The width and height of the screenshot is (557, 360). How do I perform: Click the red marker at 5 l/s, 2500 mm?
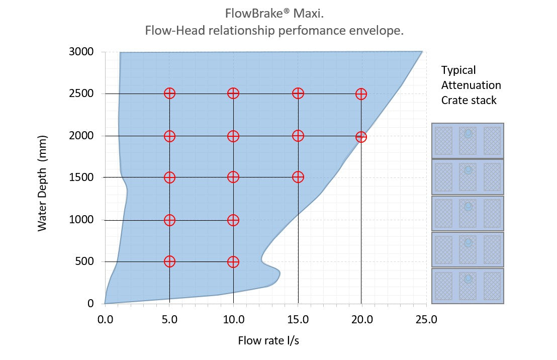point(169,94)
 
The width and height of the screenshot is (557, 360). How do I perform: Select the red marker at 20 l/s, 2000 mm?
point(361,137)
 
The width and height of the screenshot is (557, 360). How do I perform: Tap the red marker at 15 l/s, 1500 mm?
point(298,177)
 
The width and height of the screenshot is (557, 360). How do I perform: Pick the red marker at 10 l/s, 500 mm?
point(233,261)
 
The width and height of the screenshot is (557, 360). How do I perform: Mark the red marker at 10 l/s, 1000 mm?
point(233,220)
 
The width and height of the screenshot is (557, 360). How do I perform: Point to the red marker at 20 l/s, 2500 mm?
point(361,94)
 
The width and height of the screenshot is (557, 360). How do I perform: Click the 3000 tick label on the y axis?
point(81,52)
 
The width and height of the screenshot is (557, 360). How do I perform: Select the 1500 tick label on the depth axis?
point(81,177)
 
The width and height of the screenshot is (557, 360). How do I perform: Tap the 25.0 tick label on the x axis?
point(427,319)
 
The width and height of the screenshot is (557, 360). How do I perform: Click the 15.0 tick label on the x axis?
point(298,319)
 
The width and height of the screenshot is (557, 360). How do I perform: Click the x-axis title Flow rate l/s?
point(268,341)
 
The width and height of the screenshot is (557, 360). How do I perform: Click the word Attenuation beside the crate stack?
point(471,85)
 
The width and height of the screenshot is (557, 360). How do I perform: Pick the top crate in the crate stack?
point(468,141)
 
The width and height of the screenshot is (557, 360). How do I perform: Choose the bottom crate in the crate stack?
point(468,286)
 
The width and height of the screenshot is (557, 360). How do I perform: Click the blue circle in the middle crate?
point(468,206)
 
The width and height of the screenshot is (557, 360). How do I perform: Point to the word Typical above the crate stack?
point(458,70)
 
